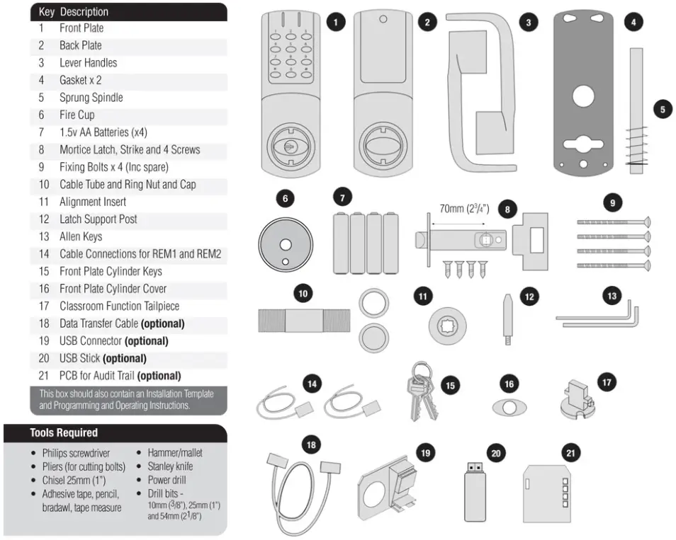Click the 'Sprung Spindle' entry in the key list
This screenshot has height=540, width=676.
[x=91, y=98]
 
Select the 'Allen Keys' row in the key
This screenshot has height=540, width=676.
[x=80, y=236]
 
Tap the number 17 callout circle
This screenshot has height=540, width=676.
[x=605, y=381]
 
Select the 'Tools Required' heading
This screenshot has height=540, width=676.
[x=64, y=432]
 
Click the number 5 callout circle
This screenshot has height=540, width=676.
[x=662, y=110]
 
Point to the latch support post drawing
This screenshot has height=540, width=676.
[x=509, y=318]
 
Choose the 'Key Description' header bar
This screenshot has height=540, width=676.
[x=128, y=11]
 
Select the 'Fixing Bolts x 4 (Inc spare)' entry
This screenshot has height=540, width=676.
[x=113, y=167]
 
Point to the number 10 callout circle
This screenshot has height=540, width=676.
[x=303, y=292]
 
